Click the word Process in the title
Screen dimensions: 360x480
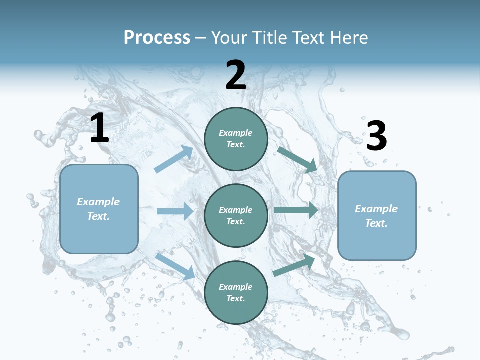[157, 38]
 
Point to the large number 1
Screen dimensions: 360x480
[99, 128]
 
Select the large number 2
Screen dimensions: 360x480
[236, 76]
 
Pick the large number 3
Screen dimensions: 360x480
[376, 136]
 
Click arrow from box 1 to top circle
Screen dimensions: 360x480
[174, 159]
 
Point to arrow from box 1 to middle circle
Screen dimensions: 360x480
[175, 211]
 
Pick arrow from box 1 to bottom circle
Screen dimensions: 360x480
[175, 266]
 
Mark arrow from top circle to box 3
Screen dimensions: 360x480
[297, 159]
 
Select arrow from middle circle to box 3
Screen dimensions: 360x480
[295, 210]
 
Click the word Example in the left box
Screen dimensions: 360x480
[98, 202]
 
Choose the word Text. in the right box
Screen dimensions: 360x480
[376, 223]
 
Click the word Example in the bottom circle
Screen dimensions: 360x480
[236, 287]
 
